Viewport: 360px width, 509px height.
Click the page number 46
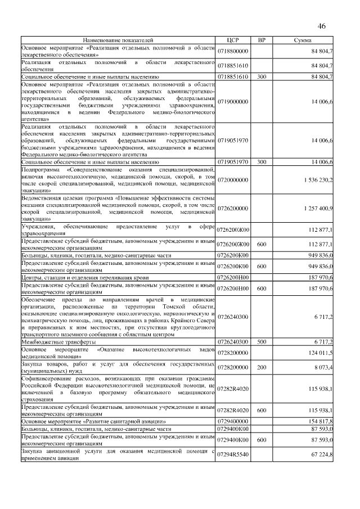pyautogui.click(x=322, y=26)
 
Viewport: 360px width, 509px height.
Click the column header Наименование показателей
pyautogui.click(x=118, y=40)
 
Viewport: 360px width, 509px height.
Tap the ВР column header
pyautogui.click(x=261, y=40)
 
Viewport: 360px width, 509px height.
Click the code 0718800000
pyautogui.click(x=233, y=52)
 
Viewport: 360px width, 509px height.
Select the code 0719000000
pyautogui.click(x=233, y=102)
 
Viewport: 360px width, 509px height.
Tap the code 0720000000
pyautogui.click(x=233, y=179)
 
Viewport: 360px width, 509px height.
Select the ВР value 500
pyautogui.click(x=261, y=341)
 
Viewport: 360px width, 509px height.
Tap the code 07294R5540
pyautogui.click(x=233, y=454)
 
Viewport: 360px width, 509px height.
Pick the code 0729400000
pyautogui.click(x=233, y=421)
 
